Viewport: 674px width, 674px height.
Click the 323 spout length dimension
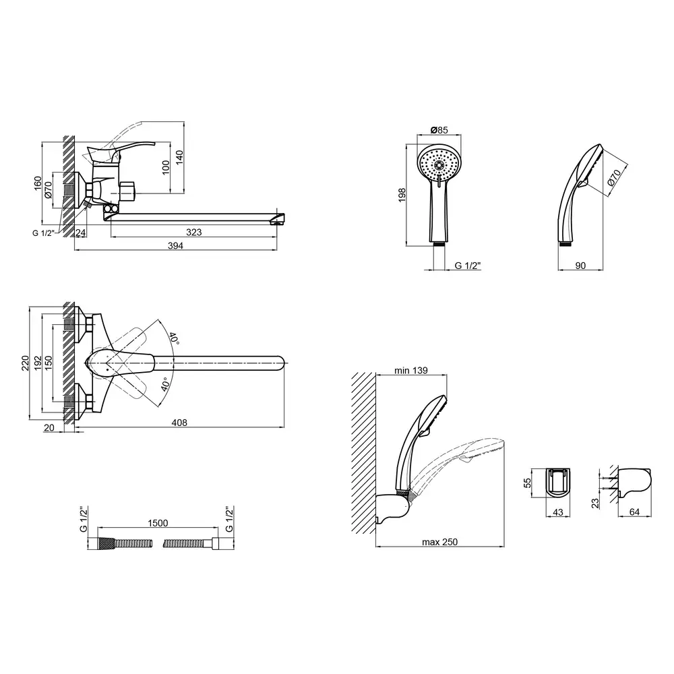point(194,232)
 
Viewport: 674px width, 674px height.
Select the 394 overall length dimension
point(175,245)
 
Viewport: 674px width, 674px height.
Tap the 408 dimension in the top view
point(179,423)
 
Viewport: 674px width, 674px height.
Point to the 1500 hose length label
point(158,523)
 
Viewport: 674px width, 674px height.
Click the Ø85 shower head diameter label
point(439,130)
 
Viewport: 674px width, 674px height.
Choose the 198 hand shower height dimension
point(402,195)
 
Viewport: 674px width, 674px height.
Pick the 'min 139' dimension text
point(411,370)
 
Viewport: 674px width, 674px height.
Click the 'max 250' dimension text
point(439,542)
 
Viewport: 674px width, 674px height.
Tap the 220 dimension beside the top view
point(26,363)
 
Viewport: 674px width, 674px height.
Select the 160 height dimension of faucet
point(38,183)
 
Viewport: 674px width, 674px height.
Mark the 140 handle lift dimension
point(180,156)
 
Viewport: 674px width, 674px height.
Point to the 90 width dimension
point(580,266)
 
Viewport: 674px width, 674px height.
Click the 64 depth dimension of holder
point(634,512)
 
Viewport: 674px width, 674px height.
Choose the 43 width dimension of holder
point(558,512)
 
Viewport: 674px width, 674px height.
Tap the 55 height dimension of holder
point(528,483)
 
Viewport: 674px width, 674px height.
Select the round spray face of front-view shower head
point(439,166)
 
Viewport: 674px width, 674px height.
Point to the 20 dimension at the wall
point(49,428)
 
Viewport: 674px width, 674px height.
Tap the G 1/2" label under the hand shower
point(468,266)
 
